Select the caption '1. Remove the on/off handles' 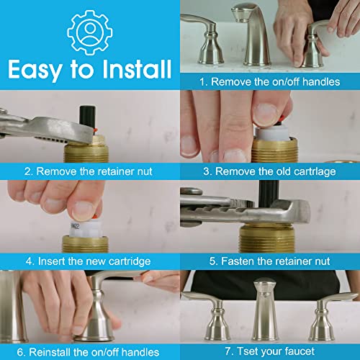coord(270,81)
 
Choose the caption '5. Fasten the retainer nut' coord(270,261)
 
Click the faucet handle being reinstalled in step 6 coord(97,310)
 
